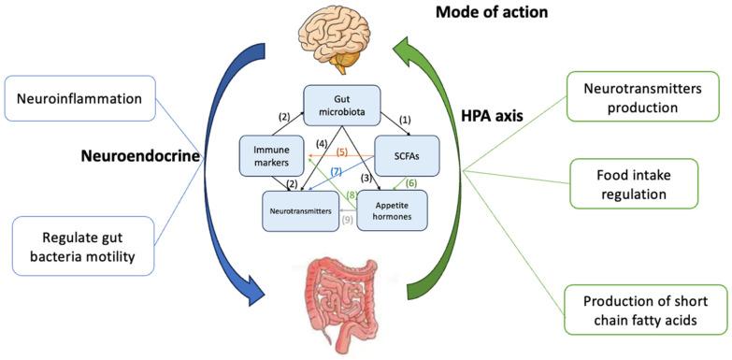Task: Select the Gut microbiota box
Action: tap(342, 106)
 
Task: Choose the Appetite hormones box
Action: tap(392, 211)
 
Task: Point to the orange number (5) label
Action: tap(341, 152)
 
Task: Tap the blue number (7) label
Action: tap(337, 174)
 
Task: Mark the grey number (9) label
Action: tap(348, 221)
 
